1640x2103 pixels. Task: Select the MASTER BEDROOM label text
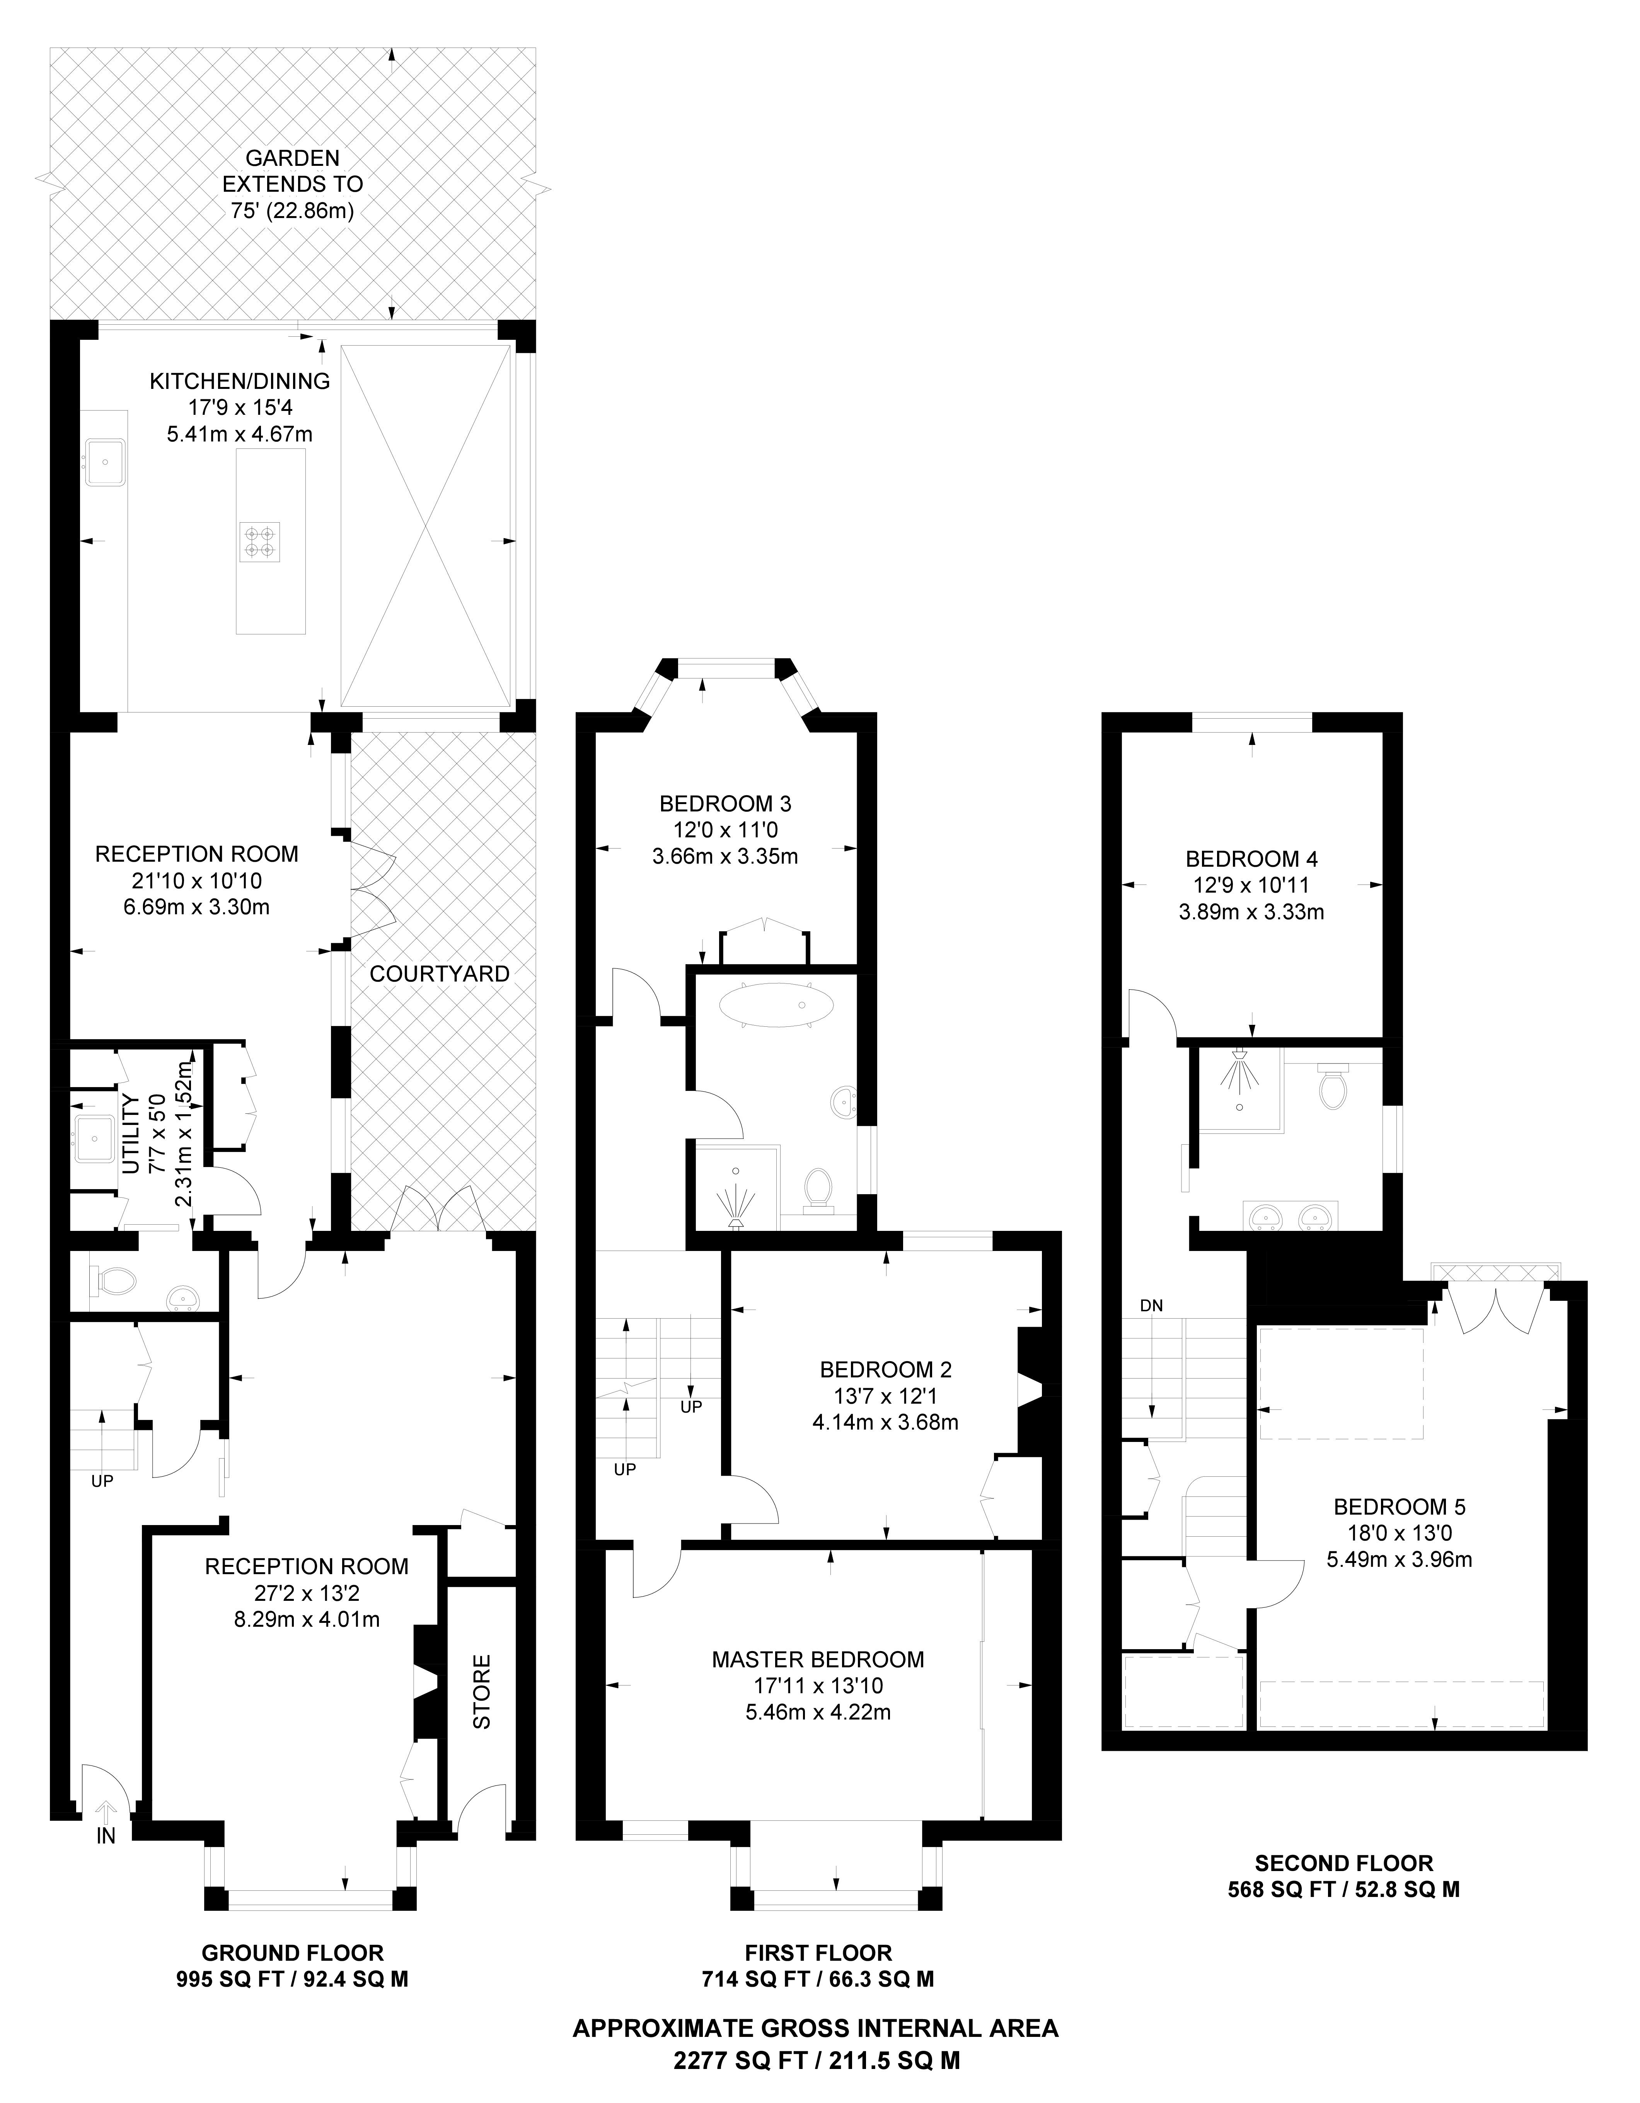(818, 1659)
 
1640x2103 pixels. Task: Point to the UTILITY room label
(132, 1133)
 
